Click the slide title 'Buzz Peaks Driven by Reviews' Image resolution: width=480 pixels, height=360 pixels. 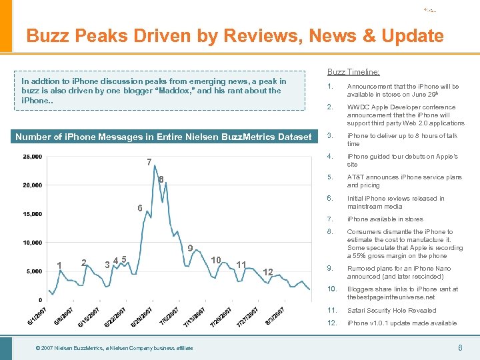tap(235, 35)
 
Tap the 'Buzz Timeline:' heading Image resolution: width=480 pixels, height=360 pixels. tap(353, 72)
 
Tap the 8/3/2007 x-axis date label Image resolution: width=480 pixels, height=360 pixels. tap(275, 314)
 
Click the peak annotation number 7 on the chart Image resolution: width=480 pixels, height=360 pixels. tap(149, 162)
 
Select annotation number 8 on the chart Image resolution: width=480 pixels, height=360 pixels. tap(161, 179)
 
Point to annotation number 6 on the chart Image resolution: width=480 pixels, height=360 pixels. tap(140, 207)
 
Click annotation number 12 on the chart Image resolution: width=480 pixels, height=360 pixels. tap(268, 271)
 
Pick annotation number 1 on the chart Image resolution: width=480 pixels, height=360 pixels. tap(59, 265)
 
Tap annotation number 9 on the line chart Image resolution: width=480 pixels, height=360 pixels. tap(190, 249)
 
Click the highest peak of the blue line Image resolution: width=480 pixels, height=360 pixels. tap(154, 165)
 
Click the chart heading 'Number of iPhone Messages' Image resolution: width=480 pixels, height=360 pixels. tap(163, 137)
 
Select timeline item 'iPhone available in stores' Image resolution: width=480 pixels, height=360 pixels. tap(385, 219)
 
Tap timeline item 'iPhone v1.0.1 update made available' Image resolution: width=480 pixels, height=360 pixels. tap(401, 323)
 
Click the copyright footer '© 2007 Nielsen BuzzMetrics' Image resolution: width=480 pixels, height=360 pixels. tap(115, 348)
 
